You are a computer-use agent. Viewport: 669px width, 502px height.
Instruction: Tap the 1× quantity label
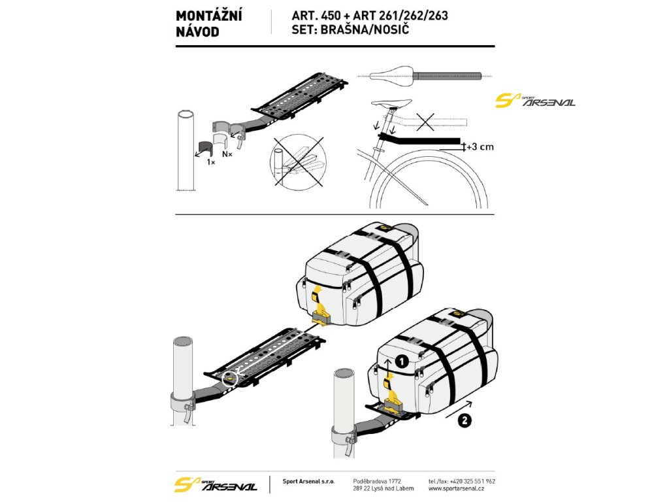pyautogui.click(x=211, y=161)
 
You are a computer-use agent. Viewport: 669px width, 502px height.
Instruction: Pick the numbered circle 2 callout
pyautogui.click(x=464, y=422)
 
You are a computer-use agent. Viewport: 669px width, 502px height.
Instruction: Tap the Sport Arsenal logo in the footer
pyautogui.click(x=216, y=484)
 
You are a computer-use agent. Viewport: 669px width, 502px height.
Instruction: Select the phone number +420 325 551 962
pyautogui.click(x=470, y=480)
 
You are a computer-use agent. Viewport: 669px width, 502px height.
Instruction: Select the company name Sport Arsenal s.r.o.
pyautogui.click(x=308, y=481)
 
